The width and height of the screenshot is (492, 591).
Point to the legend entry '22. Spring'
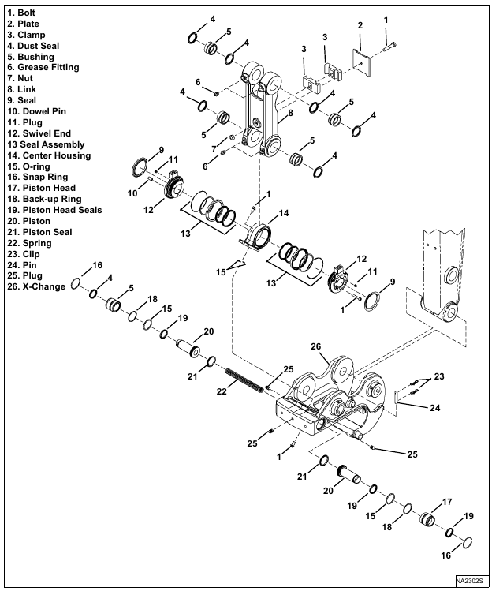click(x=32, y=244)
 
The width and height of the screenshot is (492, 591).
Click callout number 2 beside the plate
click(x=360, y=25)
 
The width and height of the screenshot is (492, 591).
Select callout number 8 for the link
click(x=290, y=113)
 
